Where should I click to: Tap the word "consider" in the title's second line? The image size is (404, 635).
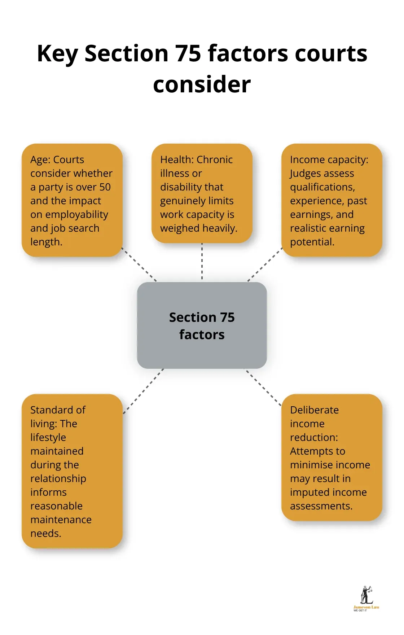click(x=202, y=85)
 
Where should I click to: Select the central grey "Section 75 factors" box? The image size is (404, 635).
click(x=202, y=325)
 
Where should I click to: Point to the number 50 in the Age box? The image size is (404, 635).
click(x=105, y=187)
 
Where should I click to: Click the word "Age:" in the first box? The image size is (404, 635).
click(x=40, y=160)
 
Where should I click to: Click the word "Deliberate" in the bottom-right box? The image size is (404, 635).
click(x=314, y=410)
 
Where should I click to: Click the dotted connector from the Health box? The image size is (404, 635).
click(x=202, y=262)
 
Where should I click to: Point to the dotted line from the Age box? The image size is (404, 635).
click(x=139, y=264)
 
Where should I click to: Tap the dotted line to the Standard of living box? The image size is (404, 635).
click(x=144, y=391)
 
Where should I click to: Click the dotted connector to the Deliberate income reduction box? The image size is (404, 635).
click(x=263, y=387)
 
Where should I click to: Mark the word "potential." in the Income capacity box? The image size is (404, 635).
click(x=312, y=242)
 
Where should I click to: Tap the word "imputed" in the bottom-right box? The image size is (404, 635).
click(x=308, y=492)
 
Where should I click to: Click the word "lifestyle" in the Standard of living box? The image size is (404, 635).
click(x=48, y=438)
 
